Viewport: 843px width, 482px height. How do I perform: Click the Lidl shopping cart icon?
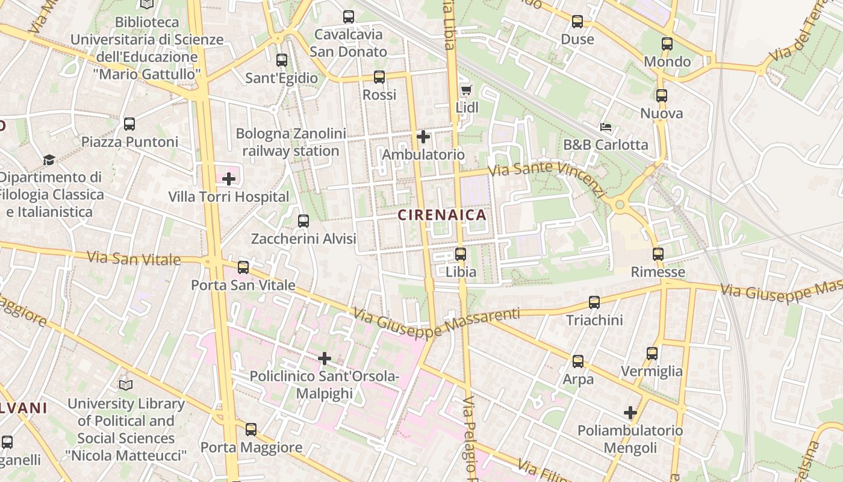[x=465, y=90]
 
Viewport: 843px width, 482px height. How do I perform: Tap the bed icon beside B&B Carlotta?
[x=606, y=127]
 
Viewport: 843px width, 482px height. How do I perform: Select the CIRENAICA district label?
[x=441, y=215]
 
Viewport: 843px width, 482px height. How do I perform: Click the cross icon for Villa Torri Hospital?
[x=229, y=179]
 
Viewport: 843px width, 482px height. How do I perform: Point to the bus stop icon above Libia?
[x=461, y=254]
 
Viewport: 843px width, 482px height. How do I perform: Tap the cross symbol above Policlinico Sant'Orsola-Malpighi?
[x=325, y=358]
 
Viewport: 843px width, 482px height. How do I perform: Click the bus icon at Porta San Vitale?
[x=243, y=267]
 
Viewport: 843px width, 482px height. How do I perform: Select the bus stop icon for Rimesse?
[x=658, y=254]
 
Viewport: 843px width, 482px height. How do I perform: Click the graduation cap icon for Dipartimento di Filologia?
[x=49, y=160]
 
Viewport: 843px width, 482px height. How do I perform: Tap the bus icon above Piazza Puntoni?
[x=129, y=124]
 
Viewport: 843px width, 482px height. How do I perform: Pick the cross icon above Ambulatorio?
[x=423, y=137]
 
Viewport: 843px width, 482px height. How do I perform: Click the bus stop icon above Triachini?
[x=594, y=302]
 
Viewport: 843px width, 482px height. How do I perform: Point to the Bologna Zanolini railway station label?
[x=291, y=142]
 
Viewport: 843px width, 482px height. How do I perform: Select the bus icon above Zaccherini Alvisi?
[x=303, y=221]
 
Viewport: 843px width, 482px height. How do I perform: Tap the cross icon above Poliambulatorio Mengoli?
[x=630, y=413]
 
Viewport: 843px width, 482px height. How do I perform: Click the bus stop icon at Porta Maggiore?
[x=251, y=430]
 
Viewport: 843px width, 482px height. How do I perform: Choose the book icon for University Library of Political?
[x=126, y=385]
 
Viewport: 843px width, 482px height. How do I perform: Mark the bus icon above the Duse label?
[x=577, y=22]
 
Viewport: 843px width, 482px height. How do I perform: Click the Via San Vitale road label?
[x=134, y=258]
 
